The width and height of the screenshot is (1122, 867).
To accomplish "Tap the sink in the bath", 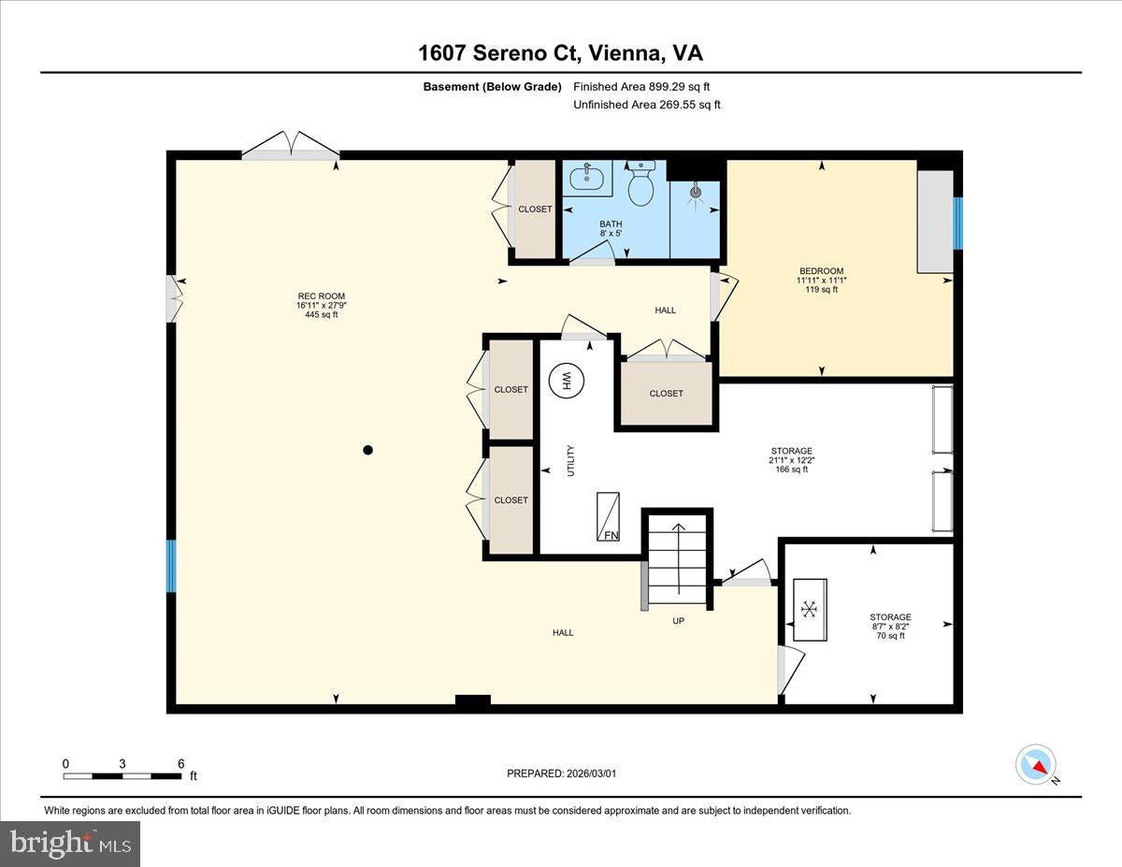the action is tap(586, 178).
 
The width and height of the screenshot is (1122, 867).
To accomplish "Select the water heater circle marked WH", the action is tap(566, 382).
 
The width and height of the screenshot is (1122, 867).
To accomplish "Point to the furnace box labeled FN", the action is tap(608, 516).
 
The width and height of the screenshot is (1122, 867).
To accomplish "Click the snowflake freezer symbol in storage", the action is tap(809, 609).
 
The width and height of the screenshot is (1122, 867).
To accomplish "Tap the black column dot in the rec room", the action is tap(367, 450).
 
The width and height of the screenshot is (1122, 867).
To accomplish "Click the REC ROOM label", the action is tap(321, 296).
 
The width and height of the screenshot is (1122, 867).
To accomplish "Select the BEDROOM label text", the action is tap(822, 270).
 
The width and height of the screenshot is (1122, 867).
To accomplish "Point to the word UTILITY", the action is tap(570, 460).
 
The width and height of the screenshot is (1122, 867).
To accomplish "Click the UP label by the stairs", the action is tap(678, 621).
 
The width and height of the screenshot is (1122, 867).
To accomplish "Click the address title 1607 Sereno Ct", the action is tap(498, 53).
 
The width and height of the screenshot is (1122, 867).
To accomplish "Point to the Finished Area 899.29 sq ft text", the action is tap(641, 87).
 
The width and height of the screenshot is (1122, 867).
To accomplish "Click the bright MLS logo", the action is tap(70, 844).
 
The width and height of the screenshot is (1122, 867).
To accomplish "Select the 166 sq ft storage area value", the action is tap(792, 470).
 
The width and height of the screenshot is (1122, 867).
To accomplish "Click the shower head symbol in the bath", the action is tap(696, 193).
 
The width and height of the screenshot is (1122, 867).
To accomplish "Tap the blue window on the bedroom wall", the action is tap(957, 224).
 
